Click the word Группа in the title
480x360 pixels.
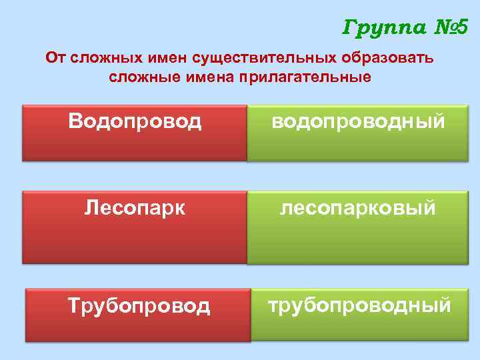tap(379, 28)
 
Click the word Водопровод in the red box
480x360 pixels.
tap(135, 121)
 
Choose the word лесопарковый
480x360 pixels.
tap(358, 209)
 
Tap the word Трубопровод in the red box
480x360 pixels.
tap(139, 305)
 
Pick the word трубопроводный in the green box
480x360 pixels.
tap(359, 305)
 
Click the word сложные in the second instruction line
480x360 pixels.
tap(138, 77)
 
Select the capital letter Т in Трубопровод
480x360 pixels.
tap(75, 305)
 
